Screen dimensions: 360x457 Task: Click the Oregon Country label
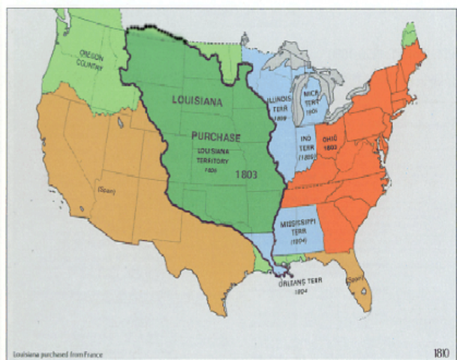coord(92,59)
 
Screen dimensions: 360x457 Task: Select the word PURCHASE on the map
coord(215,137)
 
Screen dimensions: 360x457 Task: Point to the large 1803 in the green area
coord(247,174)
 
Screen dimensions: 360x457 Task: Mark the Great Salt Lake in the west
coord(119,120)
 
